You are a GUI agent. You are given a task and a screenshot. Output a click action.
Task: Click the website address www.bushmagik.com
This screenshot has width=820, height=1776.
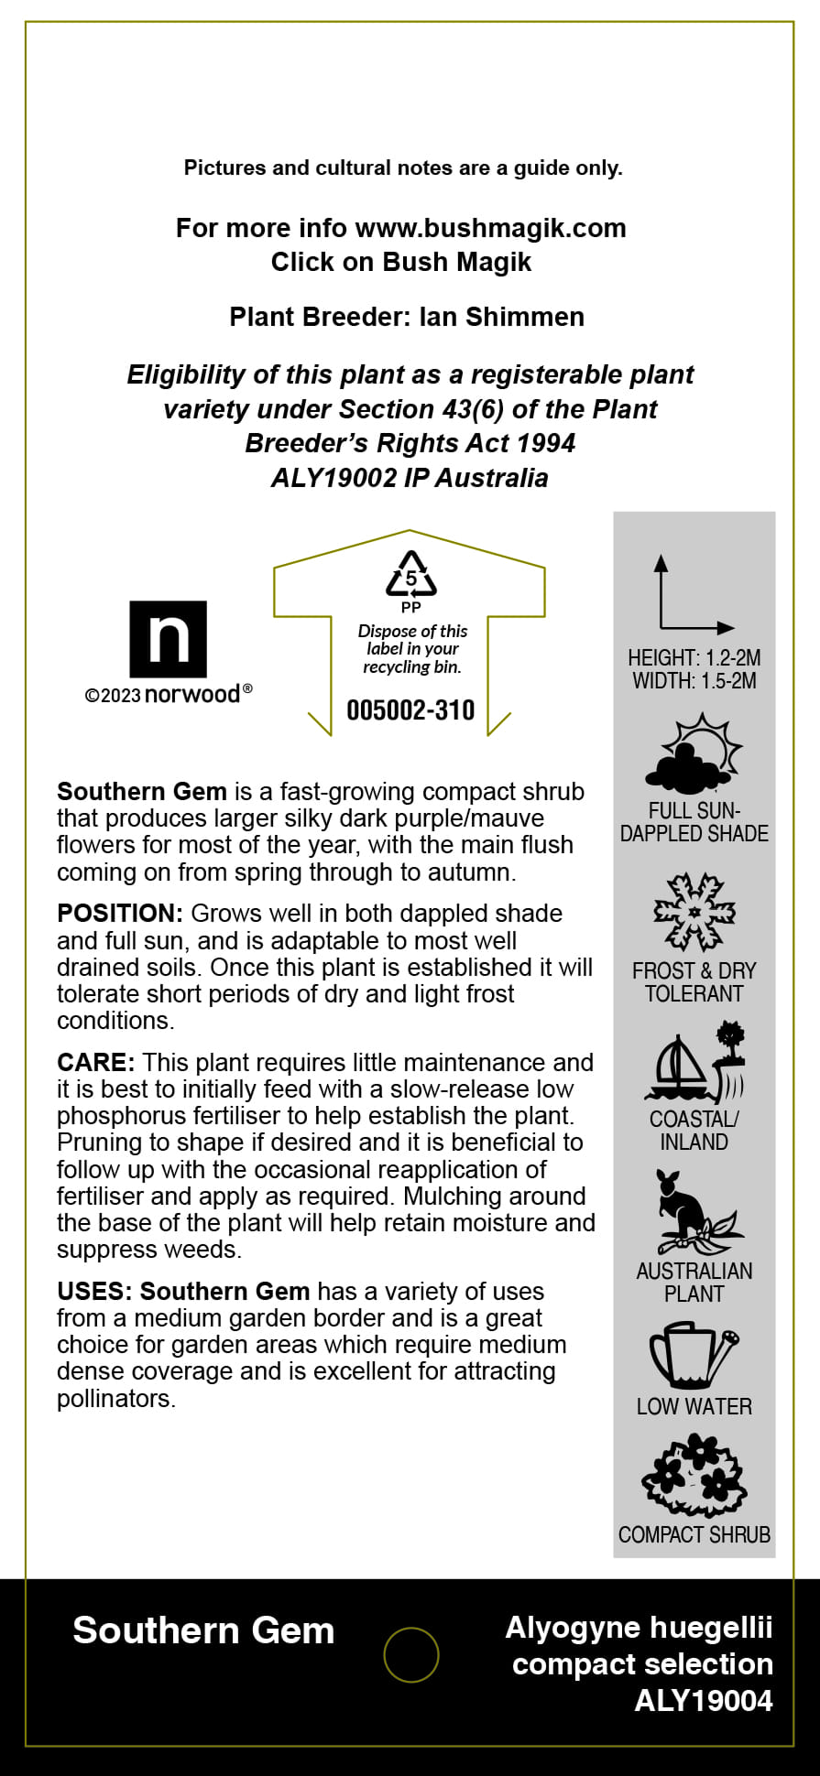click(x=490, y=228)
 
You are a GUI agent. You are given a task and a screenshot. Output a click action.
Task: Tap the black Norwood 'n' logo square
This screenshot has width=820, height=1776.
click(x=169, y=639)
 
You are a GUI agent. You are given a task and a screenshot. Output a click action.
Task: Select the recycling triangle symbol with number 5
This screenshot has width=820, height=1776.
click(x=411, y=575)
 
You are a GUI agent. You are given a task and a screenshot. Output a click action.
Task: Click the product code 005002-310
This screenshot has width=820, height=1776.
click(x=410, y=710)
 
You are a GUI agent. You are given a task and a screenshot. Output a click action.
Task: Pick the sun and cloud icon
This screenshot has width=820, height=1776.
click(x=694, y=755)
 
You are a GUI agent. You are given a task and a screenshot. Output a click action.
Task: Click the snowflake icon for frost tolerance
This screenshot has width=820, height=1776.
click(x=694, y=913)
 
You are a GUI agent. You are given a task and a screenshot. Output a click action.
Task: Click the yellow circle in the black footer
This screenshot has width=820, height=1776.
click(x=411, y=1654)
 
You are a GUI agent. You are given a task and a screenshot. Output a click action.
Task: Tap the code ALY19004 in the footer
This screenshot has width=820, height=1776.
click(x=704, y=1701)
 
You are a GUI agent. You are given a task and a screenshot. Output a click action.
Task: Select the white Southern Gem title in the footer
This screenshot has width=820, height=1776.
click(x=203, y=1630)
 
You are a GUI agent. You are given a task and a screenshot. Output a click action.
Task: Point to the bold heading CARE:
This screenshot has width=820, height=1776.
click(x=96, y=1063)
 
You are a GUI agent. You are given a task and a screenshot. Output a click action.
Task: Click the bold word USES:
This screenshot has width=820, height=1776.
click(x=94, y=1292)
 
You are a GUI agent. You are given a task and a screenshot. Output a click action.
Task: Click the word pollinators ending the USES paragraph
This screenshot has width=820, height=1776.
click(x=115, y=1399)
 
